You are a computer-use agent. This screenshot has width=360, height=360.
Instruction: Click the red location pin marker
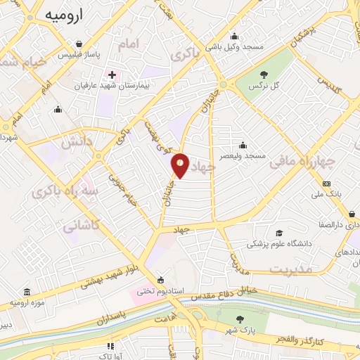click(181, 165)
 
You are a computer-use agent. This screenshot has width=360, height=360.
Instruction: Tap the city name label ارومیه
click(64, 14)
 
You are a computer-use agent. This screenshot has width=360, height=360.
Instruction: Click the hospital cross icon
click(111, 74)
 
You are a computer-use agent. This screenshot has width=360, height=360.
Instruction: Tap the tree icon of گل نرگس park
click(264, 75)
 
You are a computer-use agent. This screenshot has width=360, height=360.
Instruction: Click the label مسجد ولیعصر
click(243, 155)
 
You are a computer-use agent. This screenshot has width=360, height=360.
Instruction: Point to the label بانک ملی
click(326, 193)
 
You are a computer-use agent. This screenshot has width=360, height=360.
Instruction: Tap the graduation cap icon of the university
click(279, 233)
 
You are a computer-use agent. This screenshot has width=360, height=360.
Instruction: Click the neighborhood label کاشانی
click(79, 227)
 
